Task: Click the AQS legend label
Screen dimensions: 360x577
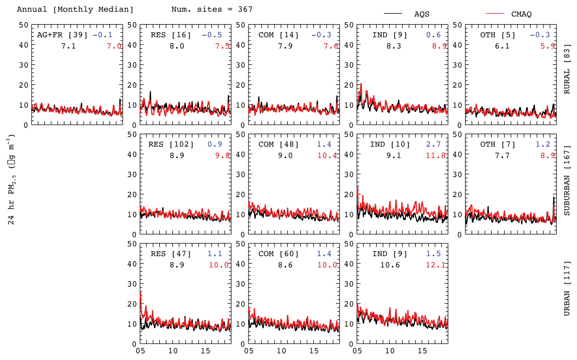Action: pos(421,14)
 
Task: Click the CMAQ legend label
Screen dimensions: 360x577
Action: pos(521,14)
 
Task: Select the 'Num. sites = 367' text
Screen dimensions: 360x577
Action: pos(212,9)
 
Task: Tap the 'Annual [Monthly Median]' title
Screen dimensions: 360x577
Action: pos(75,9)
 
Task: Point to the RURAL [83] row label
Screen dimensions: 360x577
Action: pos(567,69)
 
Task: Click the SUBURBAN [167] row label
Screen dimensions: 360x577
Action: pos(567,180)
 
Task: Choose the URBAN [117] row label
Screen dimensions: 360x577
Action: pos(567,288)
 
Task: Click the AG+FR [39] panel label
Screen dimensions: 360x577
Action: pos(62,35)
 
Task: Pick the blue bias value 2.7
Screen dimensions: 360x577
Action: pos(433,144)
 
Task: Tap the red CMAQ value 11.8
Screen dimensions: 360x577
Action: pos(435,156)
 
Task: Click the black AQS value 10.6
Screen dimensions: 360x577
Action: pos(390,265)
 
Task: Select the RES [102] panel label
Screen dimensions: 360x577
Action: pos(171,144)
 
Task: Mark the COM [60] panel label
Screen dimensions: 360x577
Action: pos(278,254)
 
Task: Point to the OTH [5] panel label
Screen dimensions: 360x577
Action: pos(498,35)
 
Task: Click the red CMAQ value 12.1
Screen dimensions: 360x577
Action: pos(435,265)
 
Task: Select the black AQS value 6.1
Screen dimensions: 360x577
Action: pos(502,46)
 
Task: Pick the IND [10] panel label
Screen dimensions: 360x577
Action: pos(390,144)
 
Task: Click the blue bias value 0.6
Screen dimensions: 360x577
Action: pos(433,35)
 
